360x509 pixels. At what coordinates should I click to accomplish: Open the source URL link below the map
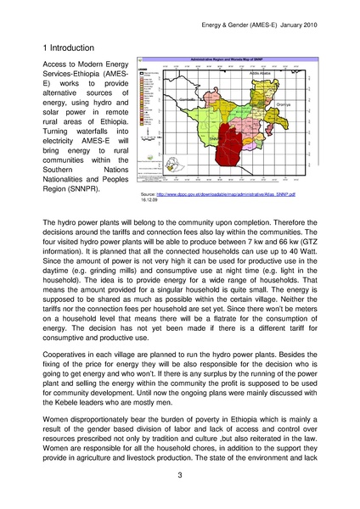point(223,194)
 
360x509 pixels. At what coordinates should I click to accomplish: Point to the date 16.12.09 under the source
point(148,201)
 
